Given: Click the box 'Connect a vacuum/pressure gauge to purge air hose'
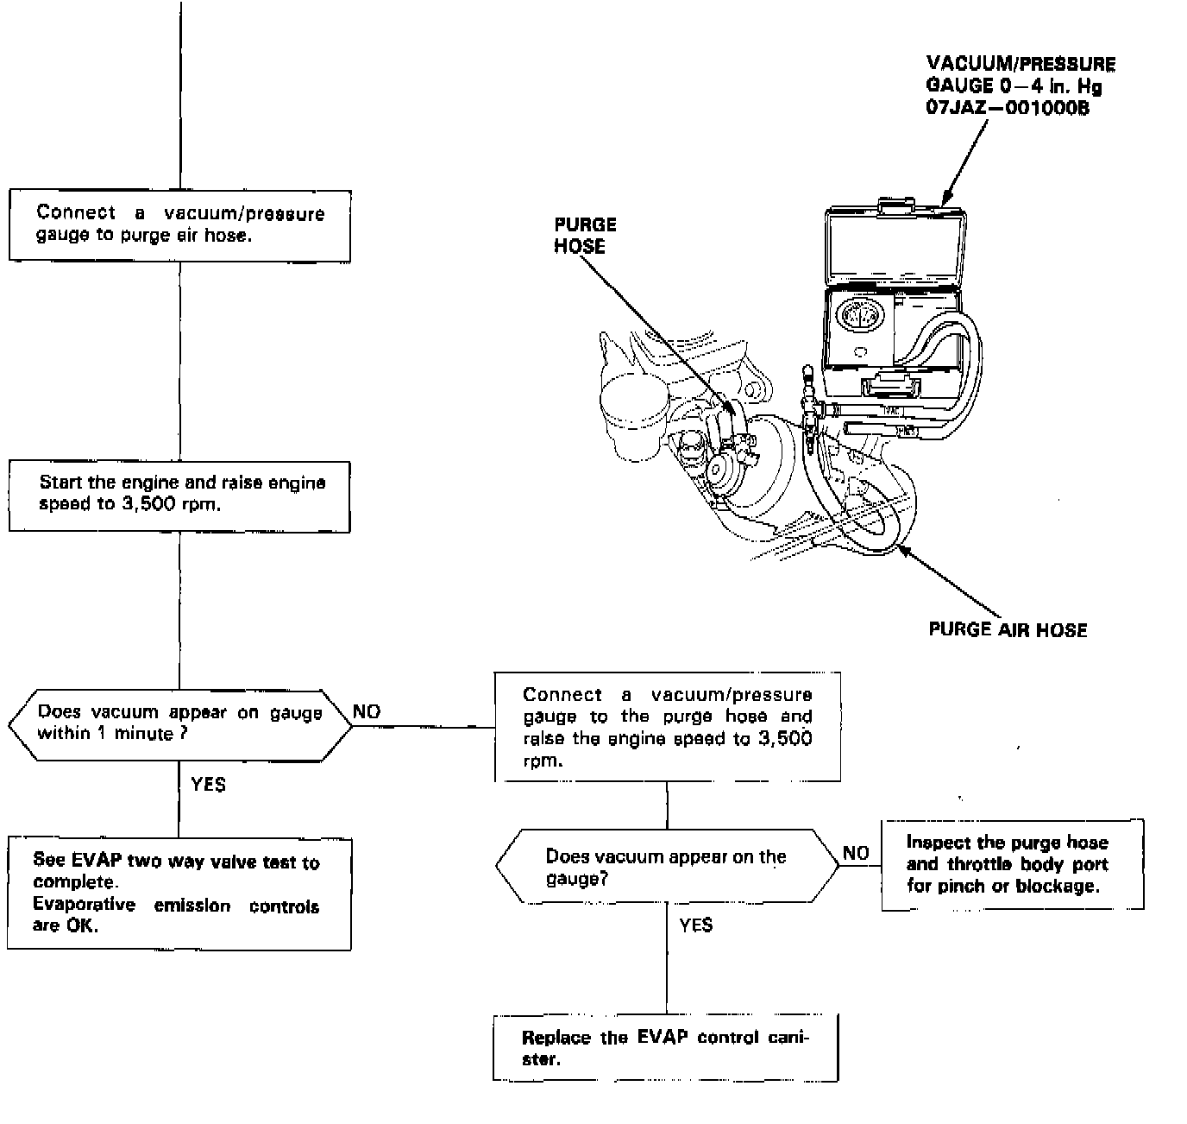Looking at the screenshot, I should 179,224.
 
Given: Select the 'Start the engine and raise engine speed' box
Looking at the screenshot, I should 179,495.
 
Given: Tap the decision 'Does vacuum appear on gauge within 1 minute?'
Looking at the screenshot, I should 179,723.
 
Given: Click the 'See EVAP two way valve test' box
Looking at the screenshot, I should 179,893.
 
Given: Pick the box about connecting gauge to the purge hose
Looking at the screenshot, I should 667,727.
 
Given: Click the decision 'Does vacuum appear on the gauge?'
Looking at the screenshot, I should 666,867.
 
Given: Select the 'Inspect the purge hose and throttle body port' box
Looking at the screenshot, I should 1012,864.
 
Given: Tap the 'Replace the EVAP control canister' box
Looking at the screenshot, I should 665,1048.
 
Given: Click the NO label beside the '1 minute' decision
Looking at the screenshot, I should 367,711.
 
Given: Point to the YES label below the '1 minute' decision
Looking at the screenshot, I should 208,784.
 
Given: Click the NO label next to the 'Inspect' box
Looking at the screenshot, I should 856,853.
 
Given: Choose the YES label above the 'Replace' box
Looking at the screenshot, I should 695,925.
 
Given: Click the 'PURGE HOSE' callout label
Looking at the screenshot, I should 585,235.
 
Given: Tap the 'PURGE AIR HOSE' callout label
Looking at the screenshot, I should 1008,629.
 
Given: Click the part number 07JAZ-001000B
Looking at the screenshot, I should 1008,109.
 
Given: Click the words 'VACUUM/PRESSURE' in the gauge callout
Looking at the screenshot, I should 1020,64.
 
